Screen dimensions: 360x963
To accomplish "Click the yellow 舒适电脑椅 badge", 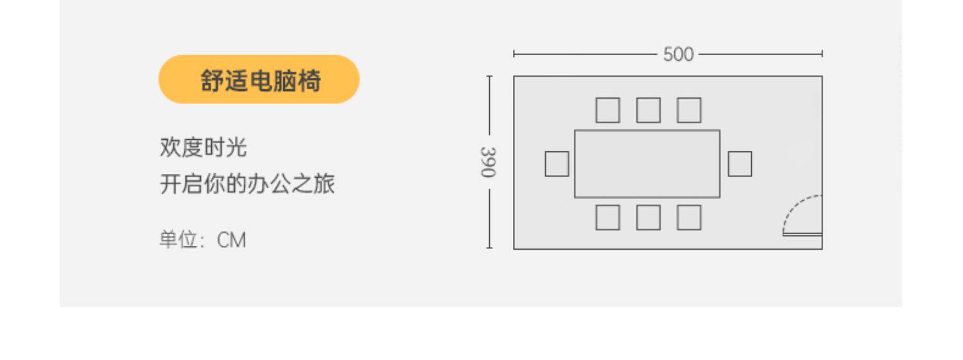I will coord(259,80).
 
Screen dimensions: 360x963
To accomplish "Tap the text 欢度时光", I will coord(203,148).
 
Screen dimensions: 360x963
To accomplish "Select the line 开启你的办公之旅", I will coord(247,185).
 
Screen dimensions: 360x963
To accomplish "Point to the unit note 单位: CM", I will coord(202,241).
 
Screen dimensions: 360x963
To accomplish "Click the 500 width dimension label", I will coord(679,55).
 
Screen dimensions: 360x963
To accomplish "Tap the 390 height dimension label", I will coord(489,162).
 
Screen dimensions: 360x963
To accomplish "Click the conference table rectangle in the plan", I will coord(646,164).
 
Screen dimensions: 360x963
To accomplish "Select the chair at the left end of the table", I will coord(557,164).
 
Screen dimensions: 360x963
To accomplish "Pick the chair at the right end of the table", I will coord(740,164).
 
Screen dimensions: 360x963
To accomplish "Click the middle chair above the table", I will coord(648,110).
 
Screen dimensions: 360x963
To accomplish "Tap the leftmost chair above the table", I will coord(607,110).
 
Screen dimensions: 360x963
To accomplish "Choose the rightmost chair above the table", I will coord(689,110).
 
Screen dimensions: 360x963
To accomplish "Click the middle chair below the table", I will coord(648,218).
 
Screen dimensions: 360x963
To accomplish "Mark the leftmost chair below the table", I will coord(607,218).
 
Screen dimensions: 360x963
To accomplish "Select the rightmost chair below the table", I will coord(689,218).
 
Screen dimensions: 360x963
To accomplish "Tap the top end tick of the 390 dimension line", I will coord(489,76).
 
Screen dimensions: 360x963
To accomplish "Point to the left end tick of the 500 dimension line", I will coord(514,55).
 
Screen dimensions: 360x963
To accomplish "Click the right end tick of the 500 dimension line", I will coord(822,55).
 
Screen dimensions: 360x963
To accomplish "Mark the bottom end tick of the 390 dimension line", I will coord(489,248).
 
